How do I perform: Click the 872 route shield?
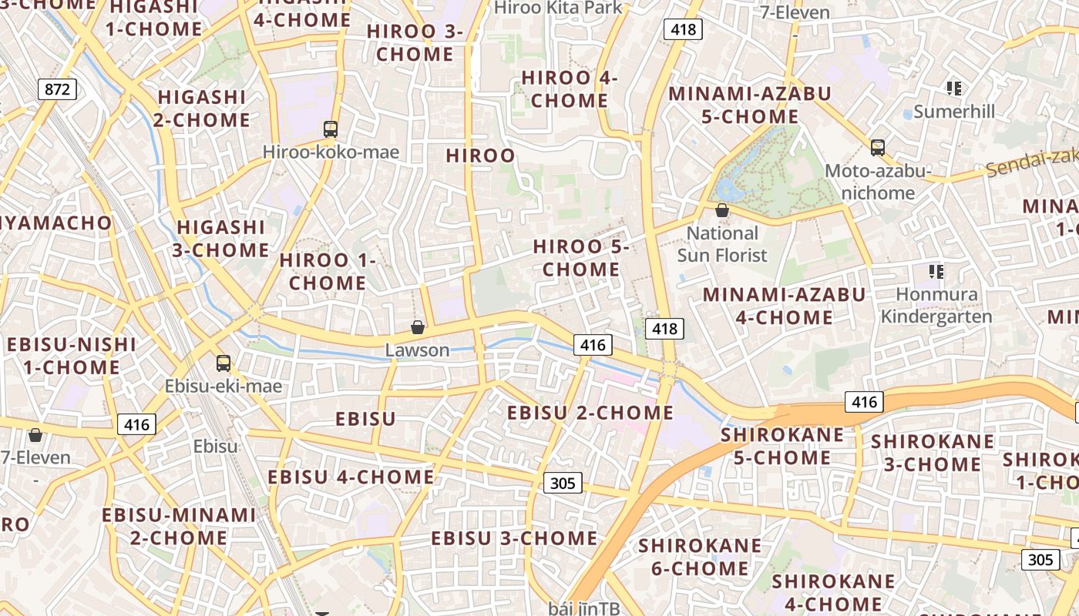coord(57,89)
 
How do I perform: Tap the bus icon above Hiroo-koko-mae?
coord(331,129)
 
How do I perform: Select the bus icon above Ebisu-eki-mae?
coord(224,363)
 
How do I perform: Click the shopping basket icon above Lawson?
coord(418,327)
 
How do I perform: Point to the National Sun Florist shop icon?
coord(722,209)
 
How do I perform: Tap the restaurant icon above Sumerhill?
coord(954,89)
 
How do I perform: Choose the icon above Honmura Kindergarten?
coord(936,271)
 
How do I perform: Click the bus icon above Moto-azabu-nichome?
coord(877,147)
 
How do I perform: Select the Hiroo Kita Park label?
coord(558,8)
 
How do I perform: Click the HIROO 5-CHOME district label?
coord(582,258)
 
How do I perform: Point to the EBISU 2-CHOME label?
coord(590,413)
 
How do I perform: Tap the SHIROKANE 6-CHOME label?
coord(700,557)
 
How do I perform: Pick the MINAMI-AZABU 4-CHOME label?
coord(784,306)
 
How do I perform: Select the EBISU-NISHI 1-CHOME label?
coord(71,356)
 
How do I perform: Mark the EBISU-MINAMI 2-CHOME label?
coord(178,526)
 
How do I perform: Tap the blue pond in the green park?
coord(726,189)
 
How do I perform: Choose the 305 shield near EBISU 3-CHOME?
coord(563,483)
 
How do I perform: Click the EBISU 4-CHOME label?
coord(351,477)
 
